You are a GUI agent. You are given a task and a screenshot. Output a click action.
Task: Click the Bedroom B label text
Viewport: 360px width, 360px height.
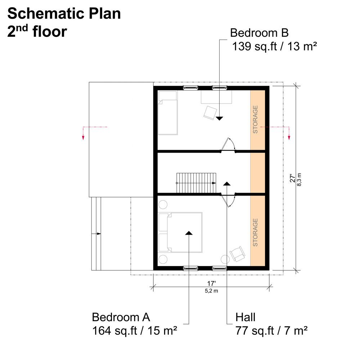(x=259, y=33)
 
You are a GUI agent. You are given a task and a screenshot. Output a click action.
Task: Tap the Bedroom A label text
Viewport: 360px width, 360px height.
(x=121, y=317)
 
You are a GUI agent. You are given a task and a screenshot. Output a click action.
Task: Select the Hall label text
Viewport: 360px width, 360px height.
(x=245, y=317)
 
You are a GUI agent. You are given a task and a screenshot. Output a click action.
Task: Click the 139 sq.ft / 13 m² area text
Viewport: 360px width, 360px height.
(x=275, y=46)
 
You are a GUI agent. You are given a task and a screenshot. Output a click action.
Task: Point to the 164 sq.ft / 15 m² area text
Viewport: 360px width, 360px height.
(x=135, y=331)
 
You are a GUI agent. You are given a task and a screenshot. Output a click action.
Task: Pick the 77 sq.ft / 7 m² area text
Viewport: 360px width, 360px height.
(x=271, y=331)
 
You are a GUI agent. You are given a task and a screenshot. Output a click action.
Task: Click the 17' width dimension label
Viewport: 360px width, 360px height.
(x=211, y=284)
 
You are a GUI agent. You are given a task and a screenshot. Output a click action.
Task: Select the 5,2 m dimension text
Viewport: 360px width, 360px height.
(x=211, y=291)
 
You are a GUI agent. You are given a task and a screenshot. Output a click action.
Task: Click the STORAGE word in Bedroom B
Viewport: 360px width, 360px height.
(x=255, y=120)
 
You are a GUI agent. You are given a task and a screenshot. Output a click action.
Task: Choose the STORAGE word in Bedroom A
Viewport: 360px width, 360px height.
(x=255, y=232)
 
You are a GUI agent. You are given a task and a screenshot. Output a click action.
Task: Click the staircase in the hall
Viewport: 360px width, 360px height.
(x=196, y=183)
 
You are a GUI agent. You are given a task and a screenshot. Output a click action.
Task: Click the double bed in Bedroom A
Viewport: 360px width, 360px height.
(x=180, y=232)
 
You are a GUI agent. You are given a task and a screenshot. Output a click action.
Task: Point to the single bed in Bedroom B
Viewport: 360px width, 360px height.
(x=168, y=113)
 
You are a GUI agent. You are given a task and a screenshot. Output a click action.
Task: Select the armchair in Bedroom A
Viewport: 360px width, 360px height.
(x=237, y=254)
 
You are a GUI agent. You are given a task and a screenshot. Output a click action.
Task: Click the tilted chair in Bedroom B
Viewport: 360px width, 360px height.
(x=210, y=113)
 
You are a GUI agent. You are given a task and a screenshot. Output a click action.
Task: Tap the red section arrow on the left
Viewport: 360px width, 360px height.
(x=83, y=133)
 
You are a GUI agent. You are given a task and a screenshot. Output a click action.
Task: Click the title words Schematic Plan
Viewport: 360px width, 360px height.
(x=64, y=13)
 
